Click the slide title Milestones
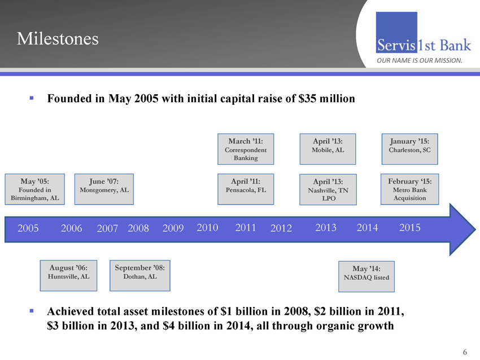click(x=58, y=38)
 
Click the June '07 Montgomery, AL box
click(x=104, y=186)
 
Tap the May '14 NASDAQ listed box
click(x=365, y=274)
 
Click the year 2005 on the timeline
click(x=28, y=228)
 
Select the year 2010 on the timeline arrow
click(x=208, y=227)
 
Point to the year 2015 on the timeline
click(x=409, y=227)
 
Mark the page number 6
click(x=465, y=353)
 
